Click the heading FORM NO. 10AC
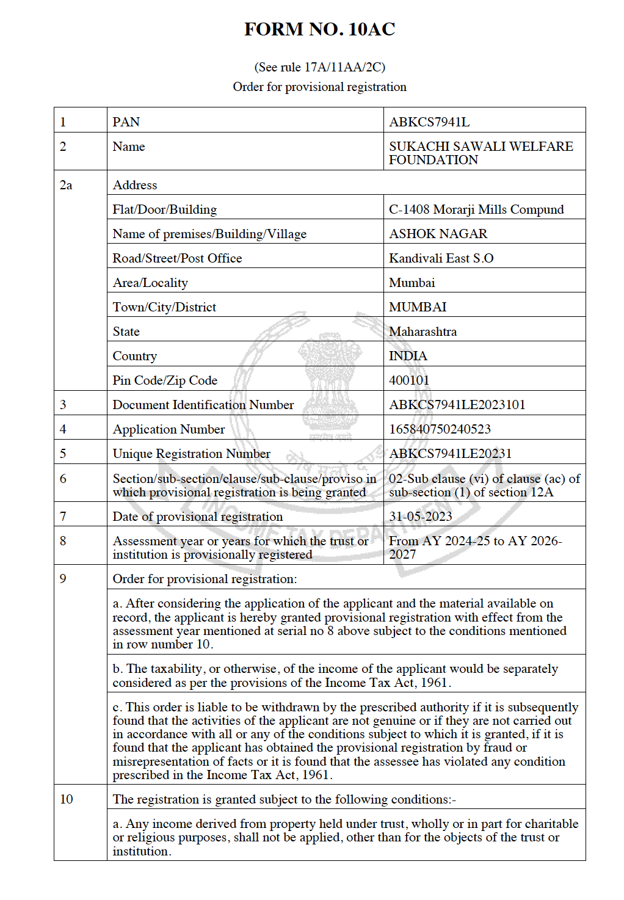coord(319,29)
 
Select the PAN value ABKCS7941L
coord(429,122)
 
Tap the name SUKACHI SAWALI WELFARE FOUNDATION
coord(481,153)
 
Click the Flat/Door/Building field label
coord(164,209)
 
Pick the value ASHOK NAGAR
coord(438,234)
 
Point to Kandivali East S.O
coord(441,258)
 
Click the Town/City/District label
coord(164,307)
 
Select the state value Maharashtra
coord(423,332)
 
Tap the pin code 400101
coord(409,380)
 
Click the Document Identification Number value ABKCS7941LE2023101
coord(457,405)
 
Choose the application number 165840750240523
coord(440,429)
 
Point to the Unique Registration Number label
coord(191,454)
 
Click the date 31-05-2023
coord(420,517)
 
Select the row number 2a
coord(66,185)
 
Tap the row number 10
coord(66,799)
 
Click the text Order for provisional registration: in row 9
coord(205,579)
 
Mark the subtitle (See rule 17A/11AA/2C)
coord(319,67)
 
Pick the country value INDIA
coord(408,356)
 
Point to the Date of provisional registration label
coord(197,517)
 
